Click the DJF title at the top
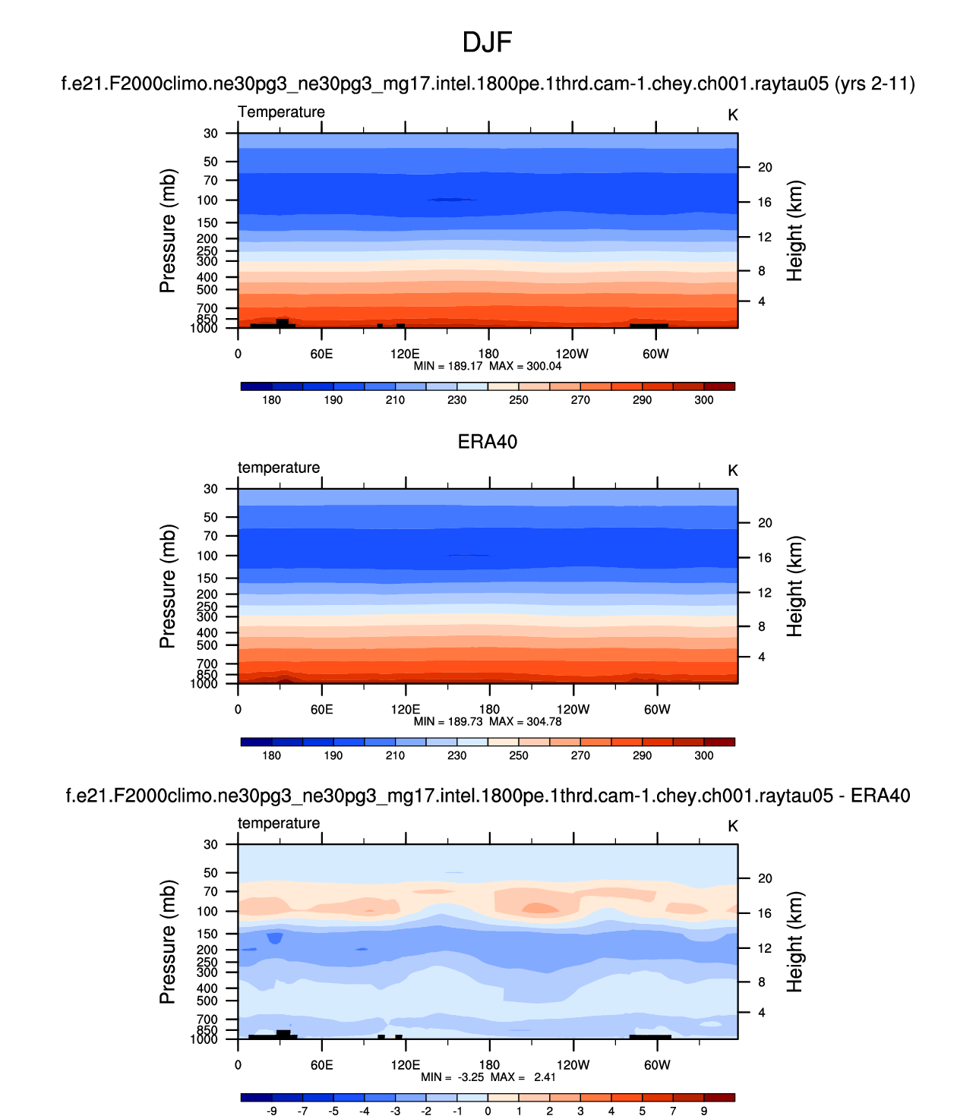487,43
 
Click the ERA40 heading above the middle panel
487,442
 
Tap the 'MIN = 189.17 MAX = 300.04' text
487,366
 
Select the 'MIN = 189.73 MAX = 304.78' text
487,721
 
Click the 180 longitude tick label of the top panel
488,354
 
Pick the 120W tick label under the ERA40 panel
573,709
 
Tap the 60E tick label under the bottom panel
321,1064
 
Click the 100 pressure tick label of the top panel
207,200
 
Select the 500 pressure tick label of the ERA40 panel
207,645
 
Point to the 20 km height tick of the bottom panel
765,878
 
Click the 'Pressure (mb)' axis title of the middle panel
168,586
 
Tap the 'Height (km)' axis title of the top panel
794,231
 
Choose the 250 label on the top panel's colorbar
519,400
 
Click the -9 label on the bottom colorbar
271,1111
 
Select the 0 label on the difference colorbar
488,1111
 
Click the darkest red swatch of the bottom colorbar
719,1097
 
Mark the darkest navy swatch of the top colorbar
256,386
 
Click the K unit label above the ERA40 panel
733,471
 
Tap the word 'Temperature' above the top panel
281,112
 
